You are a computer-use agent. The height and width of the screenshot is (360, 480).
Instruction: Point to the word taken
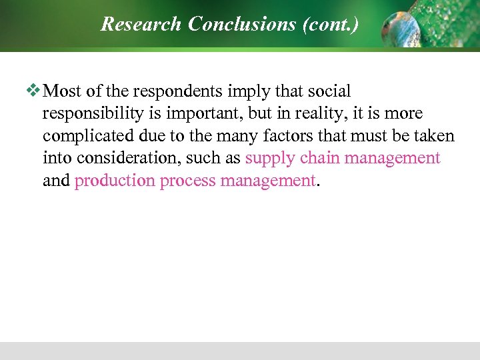point(434,136)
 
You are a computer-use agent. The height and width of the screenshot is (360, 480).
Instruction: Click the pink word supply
point(271,158)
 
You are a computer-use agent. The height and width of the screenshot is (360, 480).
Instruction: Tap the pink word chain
point(320,158)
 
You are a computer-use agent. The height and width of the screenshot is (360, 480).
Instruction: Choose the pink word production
point(114,181)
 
